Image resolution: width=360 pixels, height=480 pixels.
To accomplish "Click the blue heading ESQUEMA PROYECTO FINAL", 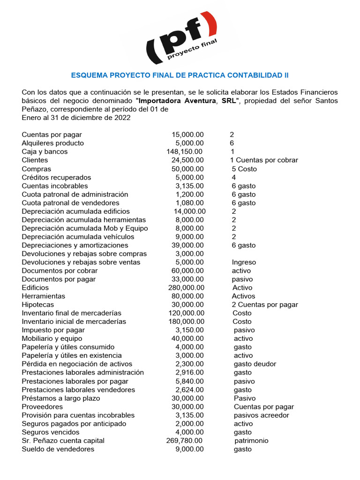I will point(180,75).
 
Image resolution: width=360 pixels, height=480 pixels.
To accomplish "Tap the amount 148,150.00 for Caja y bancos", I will point(184,152).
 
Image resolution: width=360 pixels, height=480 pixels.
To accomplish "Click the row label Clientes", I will point(35,160).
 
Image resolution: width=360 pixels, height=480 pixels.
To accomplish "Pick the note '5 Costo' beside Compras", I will point(244,169).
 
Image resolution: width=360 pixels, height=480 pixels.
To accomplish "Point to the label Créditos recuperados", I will point(56,178).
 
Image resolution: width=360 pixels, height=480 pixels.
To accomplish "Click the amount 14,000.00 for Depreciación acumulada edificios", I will point(189,211).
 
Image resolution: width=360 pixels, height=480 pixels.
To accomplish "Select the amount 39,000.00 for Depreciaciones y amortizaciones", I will point(187,246).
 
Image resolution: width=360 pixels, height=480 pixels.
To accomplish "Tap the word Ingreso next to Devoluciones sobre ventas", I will point(244,262).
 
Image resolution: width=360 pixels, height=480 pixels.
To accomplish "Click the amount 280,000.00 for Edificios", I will point(186,288).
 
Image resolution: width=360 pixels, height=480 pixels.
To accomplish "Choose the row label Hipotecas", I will point(37,305).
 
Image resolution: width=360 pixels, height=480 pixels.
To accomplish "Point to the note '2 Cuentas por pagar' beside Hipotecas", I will point(264,305).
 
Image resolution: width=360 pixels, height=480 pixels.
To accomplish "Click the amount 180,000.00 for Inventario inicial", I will point(186,322).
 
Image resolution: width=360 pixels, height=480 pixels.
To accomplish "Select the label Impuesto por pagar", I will point(53,330).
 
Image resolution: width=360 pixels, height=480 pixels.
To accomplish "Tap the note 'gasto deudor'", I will point(255,364).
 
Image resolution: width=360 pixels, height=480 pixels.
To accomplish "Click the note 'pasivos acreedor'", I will point(261,415).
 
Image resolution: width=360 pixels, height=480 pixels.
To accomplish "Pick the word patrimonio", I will point(251,441).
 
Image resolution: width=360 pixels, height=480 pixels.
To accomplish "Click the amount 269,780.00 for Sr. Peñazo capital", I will point(184,441).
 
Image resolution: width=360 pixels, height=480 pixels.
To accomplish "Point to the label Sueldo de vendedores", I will point(58,449).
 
